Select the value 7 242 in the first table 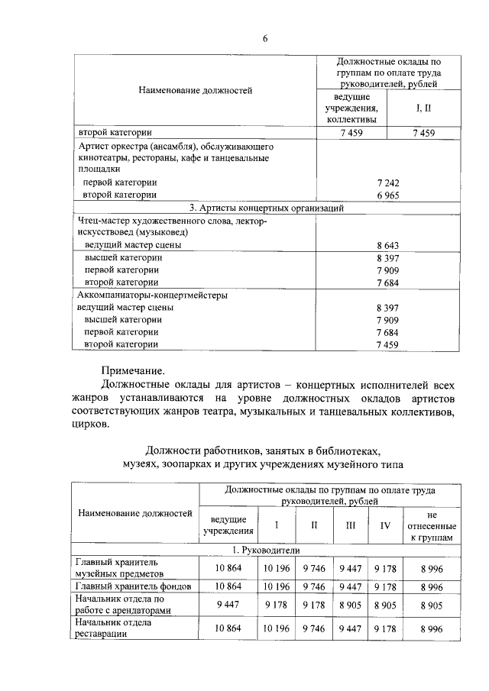pos(389,183)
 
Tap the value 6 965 pos(389,195)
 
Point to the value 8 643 pos(389,245)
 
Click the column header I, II pos(423,109)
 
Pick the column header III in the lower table pos(351,526)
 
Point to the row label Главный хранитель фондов pos(132,586)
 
